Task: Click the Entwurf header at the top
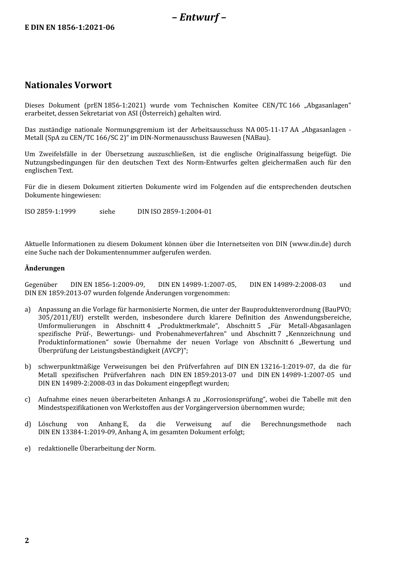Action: (199, 17)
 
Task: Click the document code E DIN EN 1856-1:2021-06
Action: (69, 27)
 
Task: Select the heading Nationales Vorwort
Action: (68, 85)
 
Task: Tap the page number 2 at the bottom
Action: (27, 540)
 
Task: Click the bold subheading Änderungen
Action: (45, 268)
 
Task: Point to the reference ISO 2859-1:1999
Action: (50, 211)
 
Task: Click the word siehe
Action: (107, 211)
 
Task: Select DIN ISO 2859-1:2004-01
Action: (174, 211)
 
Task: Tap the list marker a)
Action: (28, 310)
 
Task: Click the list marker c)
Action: (28, 399)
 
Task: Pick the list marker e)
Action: (28, 449)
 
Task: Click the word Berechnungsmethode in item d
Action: (293, 424)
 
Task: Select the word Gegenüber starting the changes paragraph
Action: (41, 285)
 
